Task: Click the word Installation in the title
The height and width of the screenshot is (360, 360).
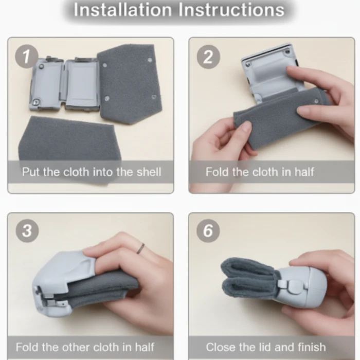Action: (x=122, y=10)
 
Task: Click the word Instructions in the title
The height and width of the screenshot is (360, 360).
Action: (x=231, y=10)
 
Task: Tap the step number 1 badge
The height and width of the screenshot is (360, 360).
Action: (x=26, y=57)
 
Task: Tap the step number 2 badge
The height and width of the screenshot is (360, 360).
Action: (x=208, y=57)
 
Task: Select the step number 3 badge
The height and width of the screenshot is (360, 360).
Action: (x=27, y=230)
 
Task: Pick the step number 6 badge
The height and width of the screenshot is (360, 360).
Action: (x=208, y=230)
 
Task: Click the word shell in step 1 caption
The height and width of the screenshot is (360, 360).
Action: (x=149, y=172)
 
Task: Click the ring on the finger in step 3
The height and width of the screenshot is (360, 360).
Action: (x=140, y=248)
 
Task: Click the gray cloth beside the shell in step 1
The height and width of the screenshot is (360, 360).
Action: (x=129, y=83)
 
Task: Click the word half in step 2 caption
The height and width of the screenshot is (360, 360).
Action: (x=304, y=172)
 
